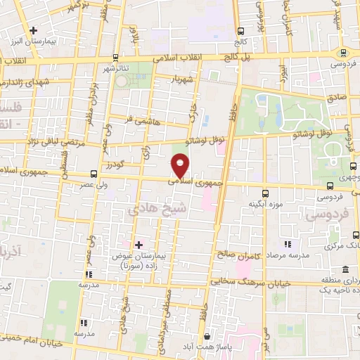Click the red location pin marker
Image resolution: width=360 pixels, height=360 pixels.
click(x=181, y=166)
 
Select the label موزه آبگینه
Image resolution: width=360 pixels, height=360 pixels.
click(x=264, y=205)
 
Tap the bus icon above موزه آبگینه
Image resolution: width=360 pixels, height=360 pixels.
click(x=265, y=193)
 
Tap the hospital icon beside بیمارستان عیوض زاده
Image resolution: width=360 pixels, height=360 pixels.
click(x=139, y=243)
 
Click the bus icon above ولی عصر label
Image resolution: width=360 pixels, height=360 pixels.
click(x=94, y=173)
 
